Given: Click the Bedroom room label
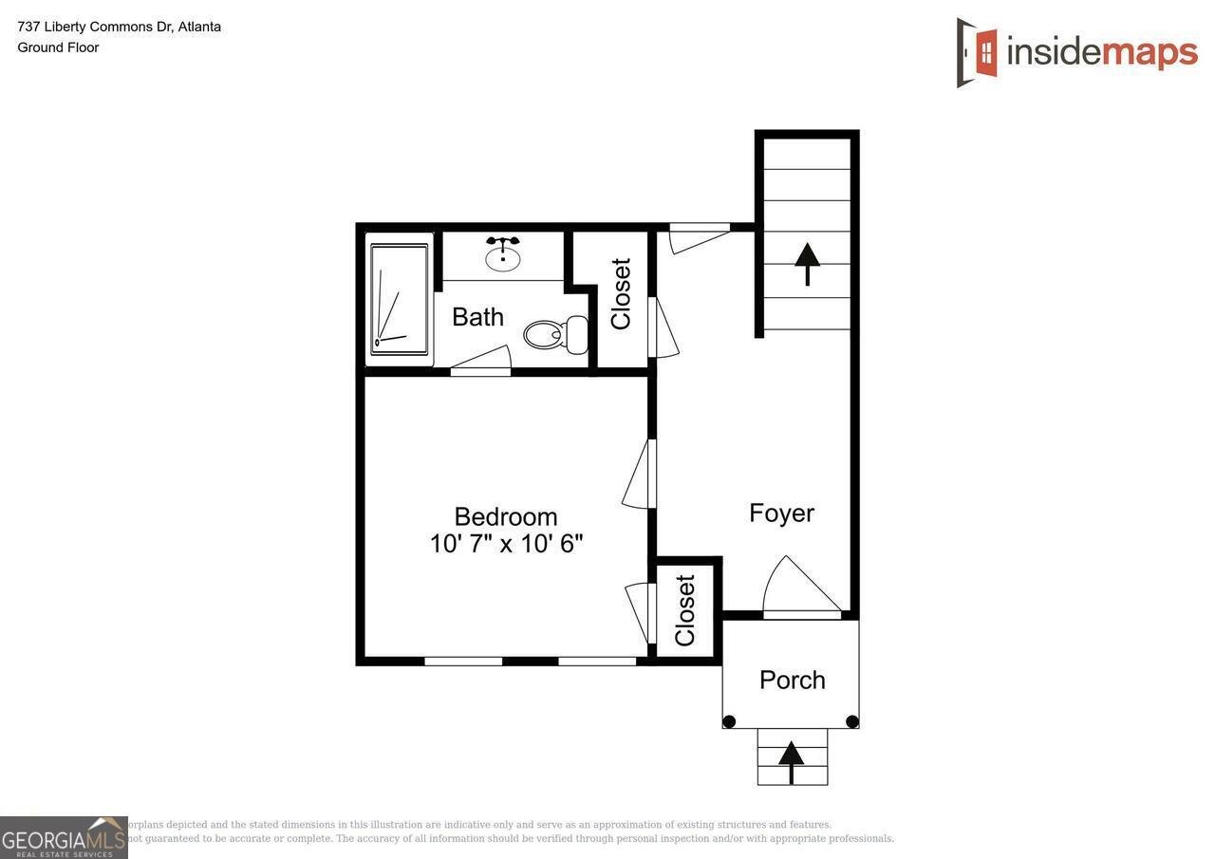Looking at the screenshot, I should click(x=505, y=516).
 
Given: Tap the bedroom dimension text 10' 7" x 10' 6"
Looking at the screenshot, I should click(x=505, y=544).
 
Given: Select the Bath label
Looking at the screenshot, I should click(x=477, y=317).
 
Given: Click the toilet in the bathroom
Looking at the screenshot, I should click(x=555, y=334).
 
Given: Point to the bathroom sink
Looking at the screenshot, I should click(x=503, y=256).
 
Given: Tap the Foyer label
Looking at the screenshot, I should click(x=781, y=514).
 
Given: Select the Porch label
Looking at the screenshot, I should click(x=792, y=680).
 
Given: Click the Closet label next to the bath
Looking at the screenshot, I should click(x=622, y=294).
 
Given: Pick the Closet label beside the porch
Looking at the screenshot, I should click(x=685, y=610).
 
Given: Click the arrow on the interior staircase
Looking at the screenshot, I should click(x=807, y=264).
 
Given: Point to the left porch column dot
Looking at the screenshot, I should click(x=729, y=721).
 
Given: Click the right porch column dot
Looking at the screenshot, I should click(x=851, y=721).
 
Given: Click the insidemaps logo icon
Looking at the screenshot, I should click(x=978, y=52).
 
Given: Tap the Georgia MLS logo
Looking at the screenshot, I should click(x=64, y=837).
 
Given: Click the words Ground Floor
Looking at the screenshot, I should click(x=58, y=47).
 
